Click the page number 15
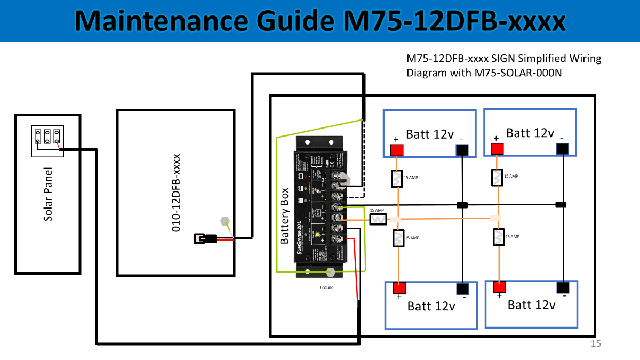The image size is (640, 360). click(596, 344)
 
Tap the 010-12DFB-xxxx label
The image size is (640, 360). click(175, 193)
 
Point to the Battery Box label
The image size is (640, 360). click(285, 215)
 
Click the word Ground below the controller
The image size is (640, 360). click(326, 287)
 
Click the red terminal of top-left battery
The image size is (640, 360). click(396, 150)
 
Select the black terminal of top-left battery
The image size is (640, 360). click(461, 151)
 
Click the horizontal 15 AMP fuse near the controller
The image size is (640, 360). click(378, 219)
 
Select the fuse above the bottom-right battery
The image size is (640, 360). click(498, 237)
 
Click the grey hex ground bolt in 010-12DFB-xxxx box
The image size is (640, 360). click(225, 220)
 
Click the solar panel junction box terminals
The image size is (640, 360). click(47, 136)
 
